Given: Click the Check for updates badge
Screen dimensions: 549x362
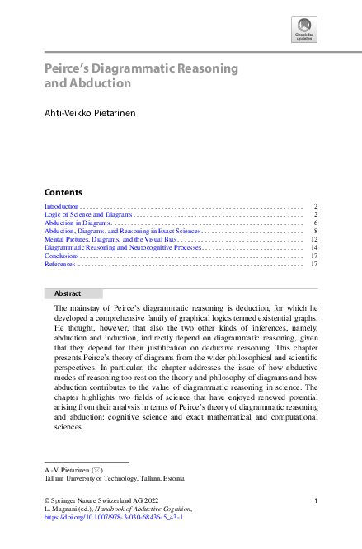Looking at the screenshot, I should click(303, 30).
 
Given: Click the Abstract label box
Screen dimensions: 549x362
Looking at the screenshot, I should click(73, 293).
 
